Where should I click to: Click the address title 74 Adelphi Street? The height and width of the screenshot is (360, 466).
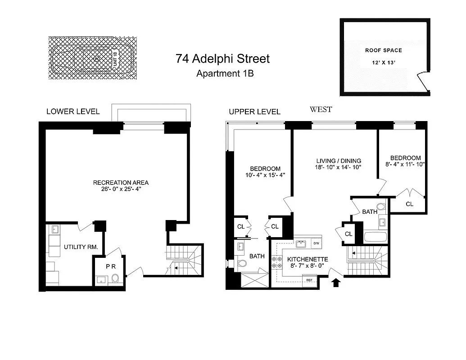[223, 58]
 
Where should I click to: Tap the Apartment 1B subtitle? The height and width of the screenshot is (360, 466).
[225, 73]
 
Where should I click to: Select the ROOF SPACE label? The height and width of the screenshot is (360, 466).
[383, 50]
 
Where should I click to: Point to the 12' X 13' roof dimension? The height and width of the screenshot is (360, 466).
[383, 64]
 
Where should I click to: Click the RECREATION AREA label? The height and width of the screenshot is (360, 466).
[121, 182]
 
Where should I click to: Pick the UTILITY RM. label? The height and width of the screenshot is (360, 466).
[78, 247]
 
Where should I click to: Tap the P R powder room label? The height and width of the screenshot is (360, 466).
[111, 266]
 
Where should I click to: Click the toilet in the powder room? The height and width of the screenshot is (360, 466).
[115, 279]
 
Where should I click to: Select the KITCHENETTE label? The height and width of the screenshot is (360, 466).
[308, 259]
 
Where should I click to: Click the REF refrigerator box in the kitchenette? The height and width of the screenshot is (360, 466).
[309, 280]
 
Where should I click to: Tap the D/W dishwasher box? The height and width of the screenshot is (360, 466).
[316, 243]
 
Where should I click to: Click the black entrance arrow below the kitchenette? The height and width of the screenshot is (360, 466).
[335, 283]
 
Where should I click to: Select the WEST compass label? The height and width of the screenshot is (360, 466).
[321, 109]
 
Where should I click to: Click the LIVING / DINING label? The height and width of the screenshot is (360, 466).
[339, 161]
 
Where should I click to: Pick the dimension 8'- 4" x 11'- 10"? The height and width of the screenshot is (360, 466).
[405, 164]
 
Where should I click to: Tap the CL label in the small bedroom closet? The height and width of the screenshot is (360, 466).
[409, 204]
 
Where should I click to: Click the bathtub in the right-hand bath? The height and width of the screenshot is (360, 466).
[376, 237]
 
